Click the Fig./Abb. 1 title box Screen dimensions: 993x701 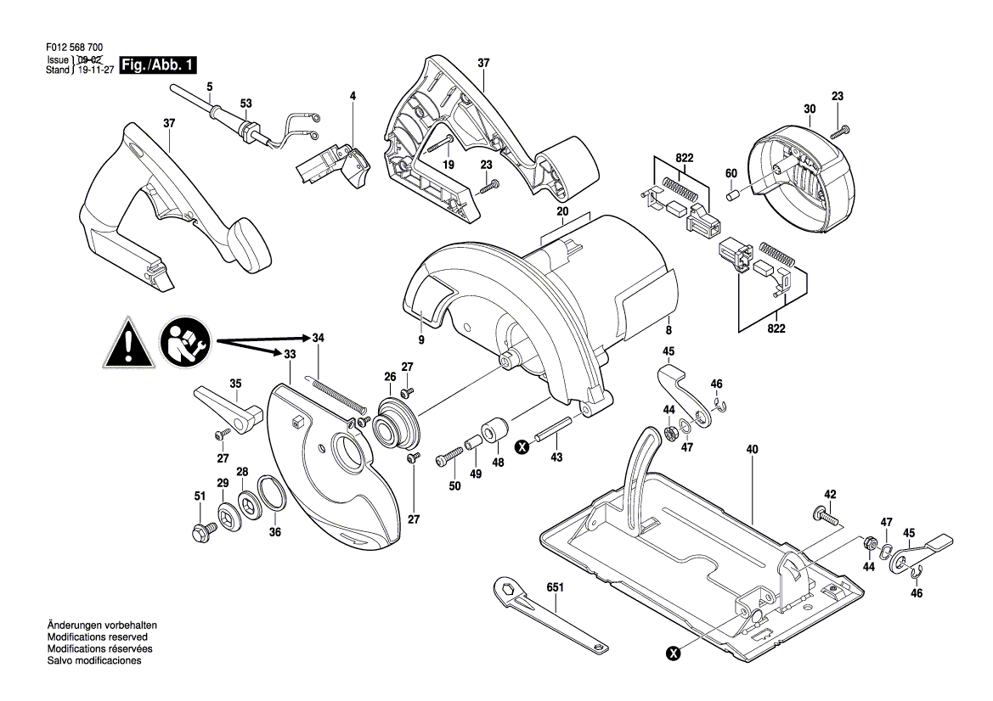pos(158,65)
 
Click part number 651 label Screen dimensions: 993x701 pos(555,587)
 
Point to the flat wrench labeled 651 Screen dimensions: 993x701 pos(549,613)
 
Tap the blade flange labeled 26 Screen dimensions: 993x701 pos(396,421)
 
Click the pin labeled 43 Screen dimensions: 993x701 pos(554,429)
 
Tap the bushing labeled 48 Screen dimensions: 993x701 pos(494,431)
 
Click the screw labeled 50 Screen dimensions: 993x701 pos(450,456)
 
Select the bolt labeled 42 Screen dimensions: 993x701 pos(825,515)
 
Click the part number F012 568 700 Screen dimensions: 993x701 pos(75,48)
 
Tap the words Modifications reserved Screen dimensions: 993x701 pos(98,637)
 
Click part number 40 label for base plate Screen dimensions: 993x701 pos(752,450)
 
